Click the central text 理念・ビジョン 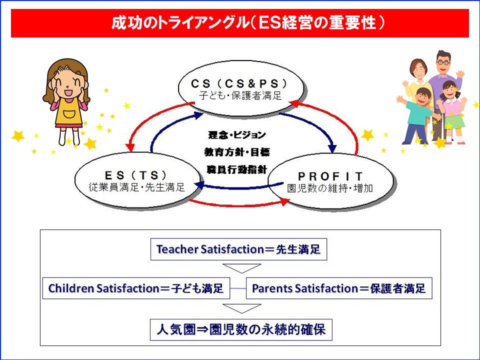pyautogui.click(x=237, y=134)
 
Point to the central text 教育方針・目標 pyautogui.click(x=237, y=152)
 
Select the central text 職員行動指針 pyautogui.click(x=237, y=169)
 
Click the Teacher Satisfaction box pyautogui.click(x=239, y=249)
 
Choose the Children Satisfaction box pyautogui.click(x=136, y=288)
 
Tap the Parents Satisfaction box pyautogui.click(x=339, y=288)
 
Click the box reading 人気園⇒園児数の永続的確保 pyautogui.click(x=241, y=329)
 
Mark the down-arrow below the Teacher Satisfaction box pyautogui.click(x=242, y=268)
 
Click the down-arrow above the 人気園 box pyautogui.click(x=242, y=308)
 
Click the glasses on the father pyautogui.click(x=443, y=62)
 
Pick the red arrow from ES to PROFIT pyautogui.click(x=239, y=203)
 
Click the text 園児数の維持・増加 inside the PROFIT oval pyautogui.click(x=330, y=188)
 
